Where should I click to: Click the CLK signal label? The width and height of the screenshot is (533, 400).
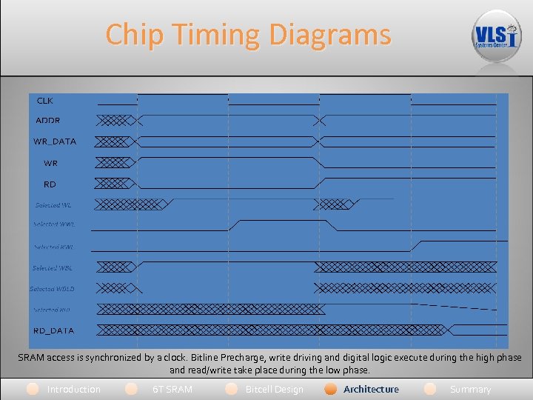coord(45,100)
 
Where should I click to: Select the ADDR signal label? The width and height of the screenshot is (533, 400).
coord(48,120)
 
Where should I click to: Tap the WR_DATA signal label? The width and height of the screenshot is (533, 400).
coord(55,141)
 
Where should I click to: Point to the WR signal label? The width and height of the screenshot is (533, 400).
coord(50,163)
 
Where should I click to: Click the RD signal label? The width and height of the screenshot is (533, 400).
coord(50,184)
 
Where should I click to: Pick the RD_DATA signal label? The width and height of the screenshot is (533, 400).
coord(53,330)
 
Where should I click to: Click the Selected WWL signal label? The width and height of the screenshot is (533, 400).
coord(53,224)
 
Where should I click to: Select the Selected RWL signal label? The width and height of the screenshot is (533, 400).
coord(53,247)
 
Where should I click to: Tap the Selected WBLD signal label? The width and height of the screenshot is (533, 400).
coord(52,289)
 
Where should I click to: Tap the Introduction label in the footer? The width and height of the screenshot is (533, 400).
coord(73,389)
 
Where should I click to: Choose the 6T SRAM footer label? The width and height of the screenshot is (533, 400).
coord(172,389)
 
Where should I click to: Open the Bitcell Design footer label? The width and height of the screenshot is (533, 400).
coord(274,389)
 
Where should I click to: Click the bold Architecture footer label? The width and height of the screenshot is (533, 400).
coord(371,389)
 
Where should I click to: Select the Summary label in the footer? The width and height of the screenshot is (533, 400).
coord(470,389)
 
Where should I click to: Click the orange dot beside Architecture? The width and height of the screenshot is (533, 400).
coord(331,389)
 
